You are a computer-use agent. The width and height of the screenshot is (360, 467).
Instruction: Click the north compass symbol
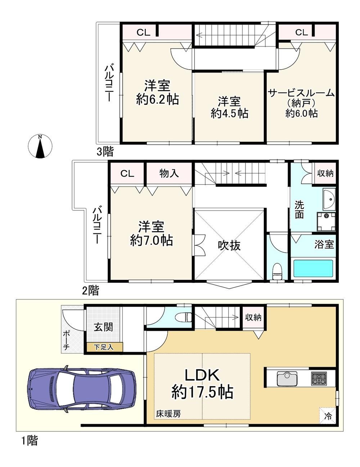tap(40, 146)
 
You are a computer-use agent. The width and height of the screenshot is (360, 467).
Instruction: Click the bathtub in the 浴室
tap(313, 268)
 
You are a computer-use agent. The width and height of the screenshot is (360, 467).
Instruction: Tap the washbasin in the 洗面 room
tap(329, 199)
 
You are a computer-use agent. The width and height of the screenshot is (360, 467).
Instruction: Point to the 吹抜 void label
tap(229, 245)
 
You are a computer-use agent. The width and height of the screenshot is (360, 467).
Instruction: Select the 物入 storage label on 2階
tap(169, 173)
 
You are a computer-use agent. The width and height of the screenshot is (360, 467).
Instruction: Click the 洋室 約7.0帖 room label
tap(151, 233)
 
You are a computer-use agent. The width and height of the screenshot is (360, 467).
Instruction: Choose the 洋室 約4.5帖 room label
tap(229, 107)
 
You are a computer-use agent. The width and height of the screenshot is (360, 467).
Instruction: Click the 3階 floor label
tap(105, 152)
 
